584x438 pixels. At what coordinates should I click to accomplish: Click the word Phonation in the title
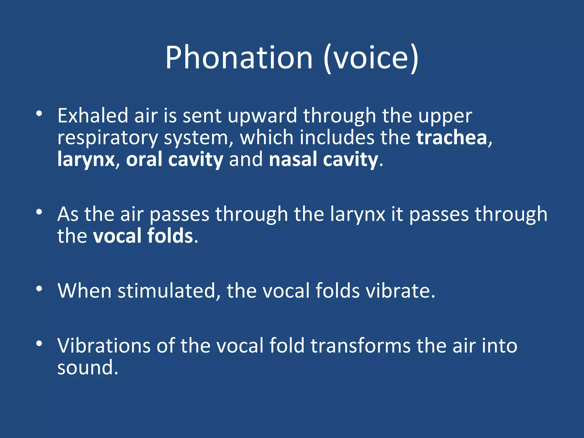[x=239, y=58]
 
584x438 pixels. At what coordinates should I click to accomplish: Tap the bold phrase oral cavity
[x=175, y=159]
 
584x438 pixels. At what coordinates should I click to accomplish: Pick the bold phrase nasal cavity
[x=323, y=159]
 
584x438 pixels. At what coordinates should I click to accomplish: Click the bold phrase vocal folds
[x=143, y=236]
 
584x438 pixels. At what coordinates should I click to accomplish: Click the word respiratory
[x=108, y=138]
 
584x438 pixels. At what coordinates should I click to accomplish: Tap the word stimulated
[x=166, y=291]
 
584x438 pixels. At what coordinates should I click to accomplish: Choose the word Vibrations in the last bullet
[x=104, y=346]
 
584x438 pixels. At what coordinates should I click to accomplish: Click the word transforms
[x=360, y=346]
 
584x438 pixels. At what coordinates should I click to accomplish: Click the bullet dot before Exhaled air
[x=39, y=114]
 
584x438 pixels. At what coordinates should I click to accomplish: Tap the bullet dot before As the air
[x=39, y=212]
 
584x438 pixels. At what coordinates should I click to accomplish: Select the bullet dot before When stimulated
[x=39, y=289]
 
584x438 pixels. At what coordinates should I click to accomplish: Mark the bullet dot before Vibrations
[x=39, y=344]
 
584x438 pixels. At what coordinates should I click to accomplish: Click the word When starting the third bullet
[x=84, y=291]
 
